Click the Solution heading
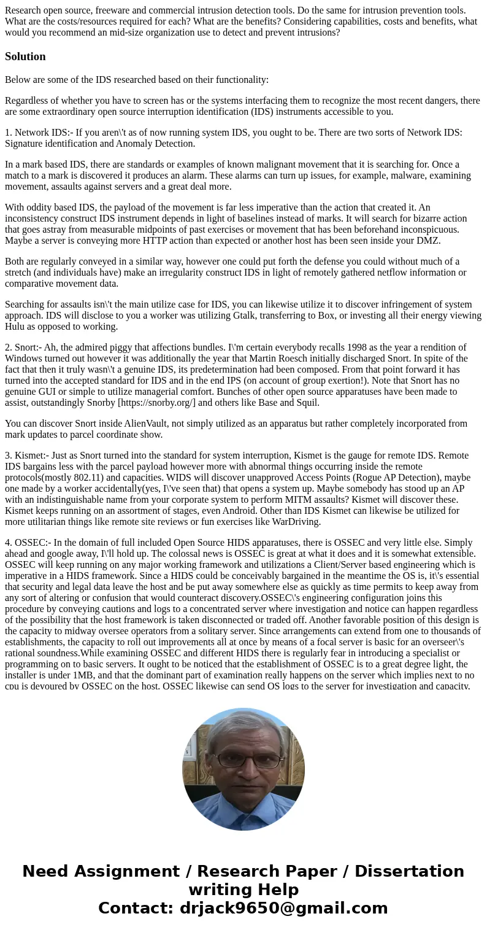click(25, 56)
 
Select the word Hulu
click(17, 327)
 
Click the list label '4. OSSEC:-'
click(28, 543)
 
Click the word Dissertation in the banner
click(409, 872)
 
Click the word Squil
click(307, 403)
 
